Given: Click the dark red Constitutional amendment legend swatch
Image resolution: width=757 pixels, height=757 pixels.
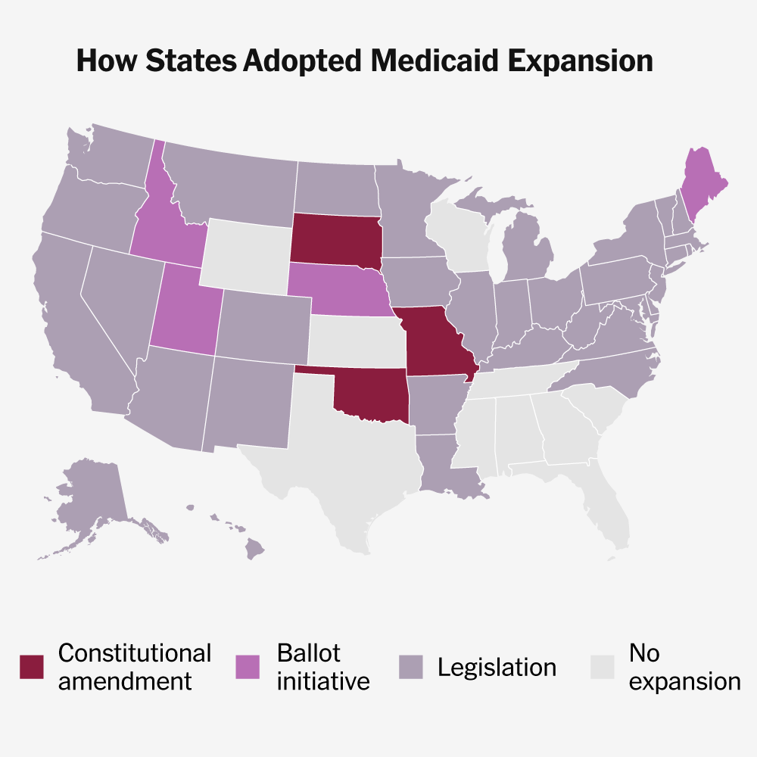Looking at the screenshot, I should tap(32, 667).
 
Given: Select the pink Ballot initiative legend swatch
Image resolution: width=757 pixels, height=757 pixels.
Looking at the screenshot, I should tap(248, 667).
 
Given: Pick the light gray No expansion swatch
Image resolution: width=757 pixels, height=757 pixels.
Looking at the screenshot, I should tap(602, 667).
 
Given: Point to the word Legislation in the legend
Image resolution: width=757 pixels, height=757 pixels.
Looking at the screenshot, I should tap(497, 667).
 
